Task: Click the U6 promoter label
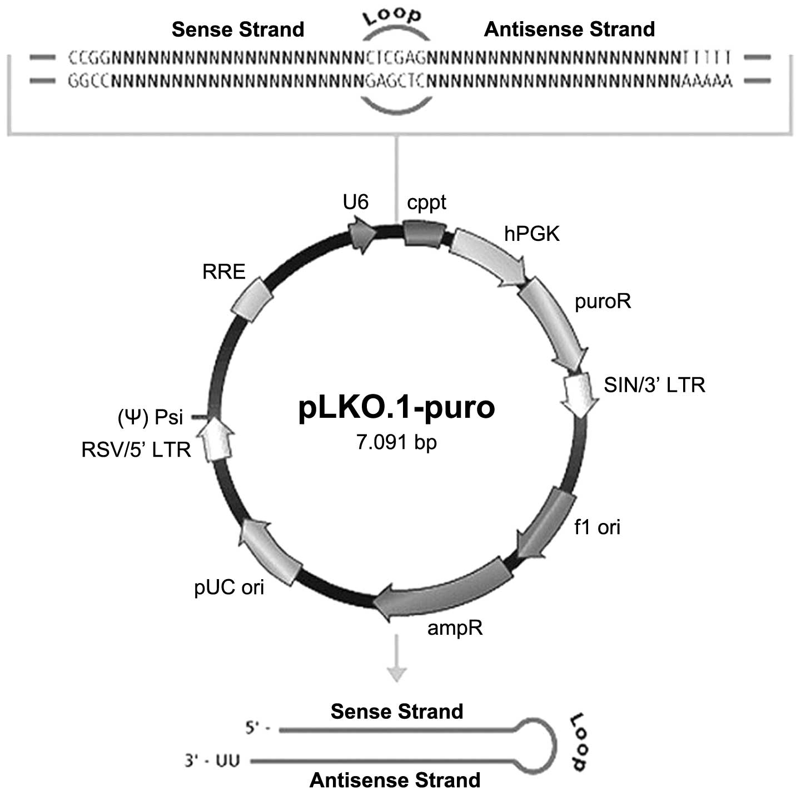(355, 202)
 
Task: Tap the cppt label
(426, 203)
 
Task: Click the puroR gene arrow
(553, 323)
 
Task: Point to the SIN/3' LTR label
(654, 385)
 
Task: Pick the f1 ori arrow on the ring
(548, 523)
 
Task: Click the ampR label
(455, 628)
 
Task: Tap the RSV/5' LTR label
(136, 450)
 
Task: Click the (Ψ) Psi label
(150, 417)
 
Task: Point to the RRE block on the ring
(251, 299)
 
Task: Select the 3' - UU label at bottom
(212, 760)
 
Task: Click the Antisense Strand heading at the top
(569, 29)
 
